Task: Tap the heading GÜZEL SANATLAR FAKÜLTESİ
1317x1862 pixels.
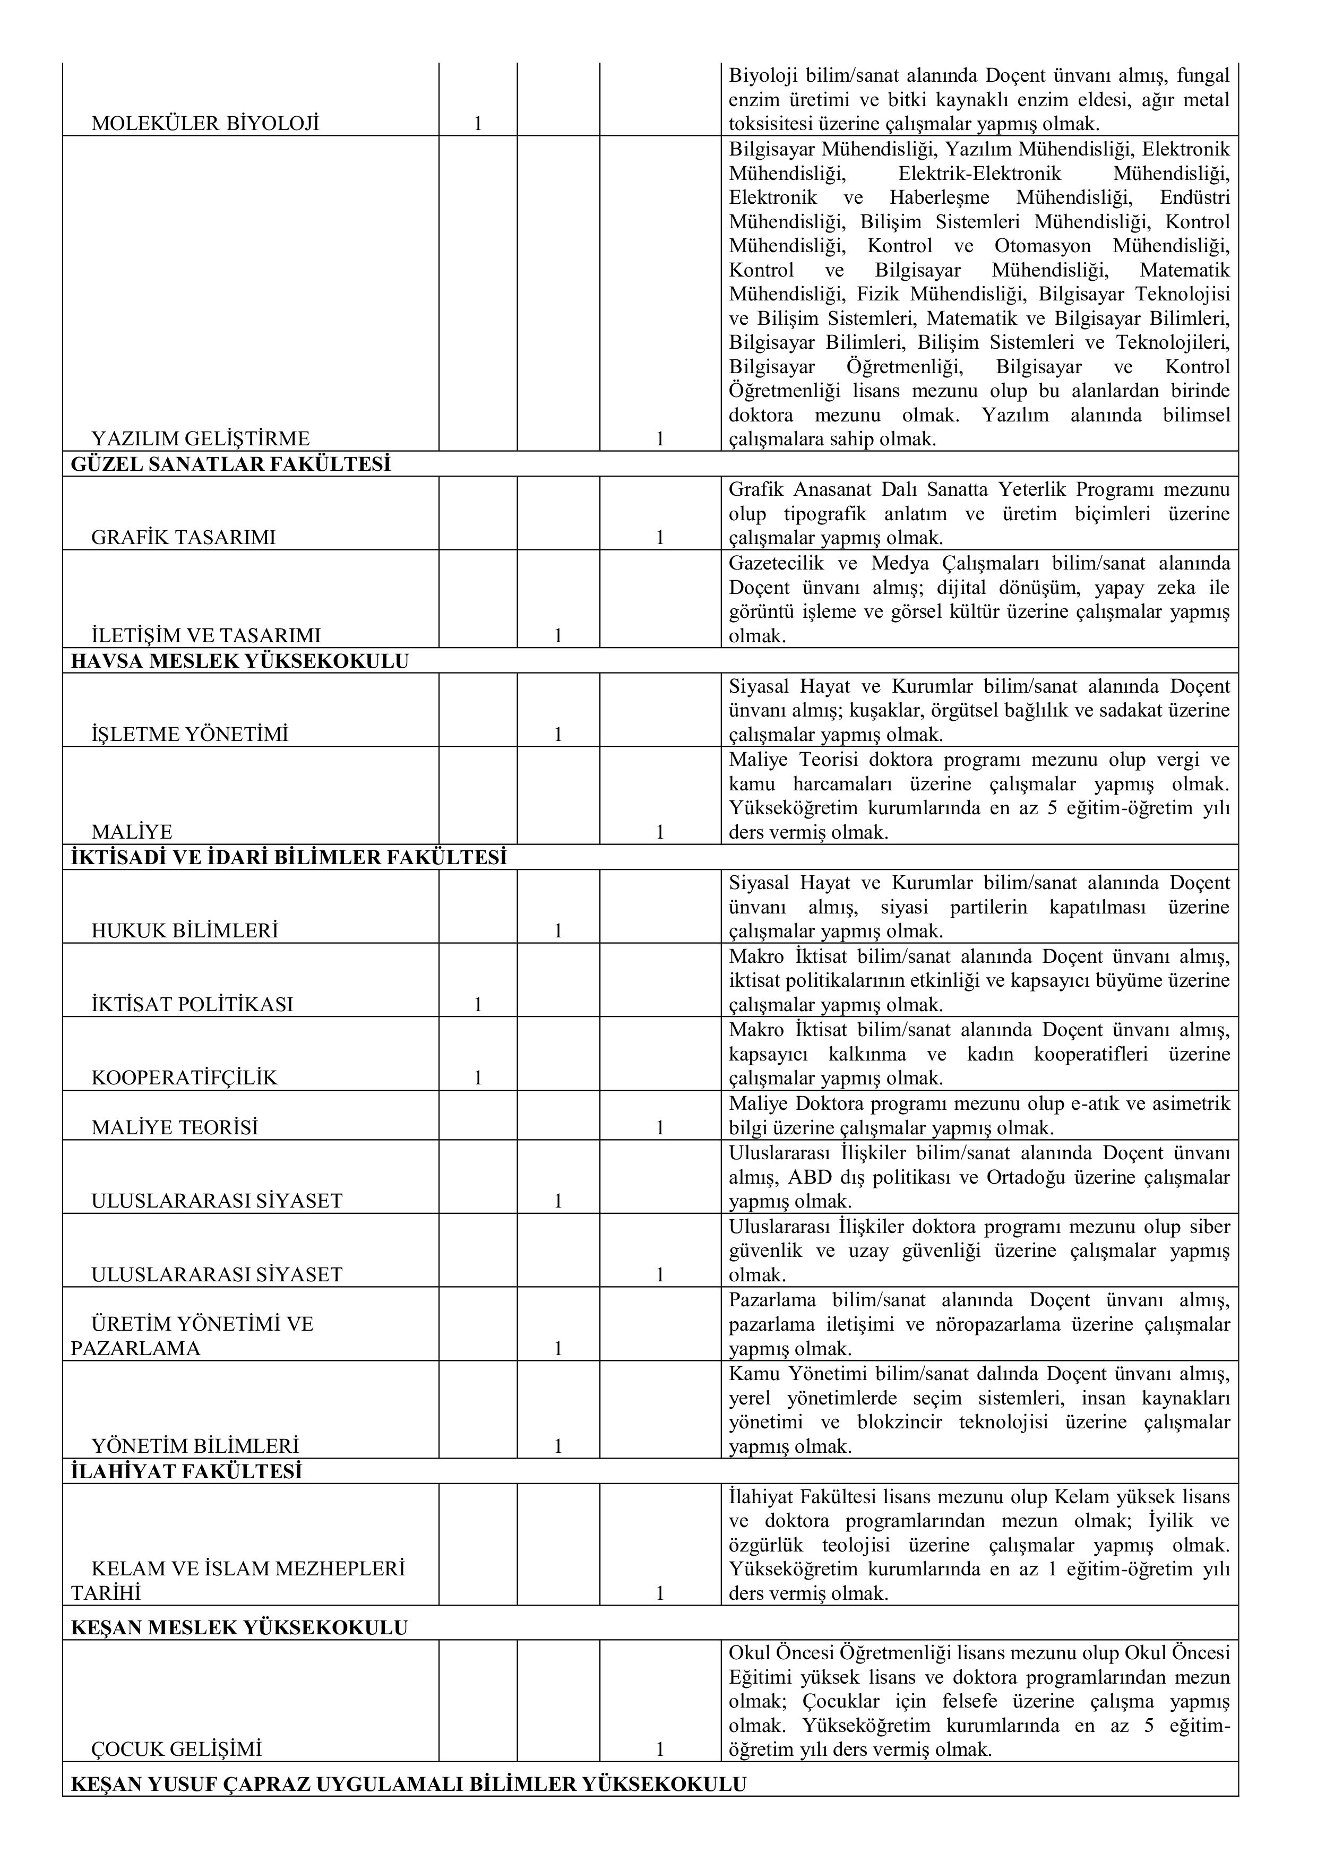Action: [231, 464]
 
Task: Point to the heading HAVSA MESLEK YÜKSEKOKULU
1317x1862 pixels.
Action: [240, 661]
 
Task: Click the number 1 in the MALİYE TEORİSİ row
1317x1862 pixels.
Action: [660, 1127]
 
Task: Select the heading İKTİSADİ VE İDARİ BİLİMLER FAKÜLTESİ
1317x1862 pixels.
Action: [289, 857]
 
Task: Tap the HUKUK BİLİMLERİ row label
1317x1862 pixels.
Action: [185, 930]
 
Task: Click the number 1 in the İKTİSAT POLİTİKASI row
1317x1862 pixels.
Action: [478, 1005]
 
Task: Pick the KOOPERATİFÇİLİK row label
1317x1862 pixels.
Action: [184, 1078]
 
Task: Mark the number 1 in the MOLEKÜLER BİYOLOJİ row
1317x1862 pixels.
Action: [478, 124]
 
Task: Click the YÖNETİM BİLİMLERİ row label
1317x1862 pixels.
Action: [195, 1446]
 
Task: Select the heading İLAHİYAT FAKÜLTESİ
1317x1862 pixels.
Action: [186, 1471]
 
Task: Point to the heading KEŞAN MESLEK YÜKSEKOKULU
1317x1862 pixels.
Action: [239, 1627]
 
